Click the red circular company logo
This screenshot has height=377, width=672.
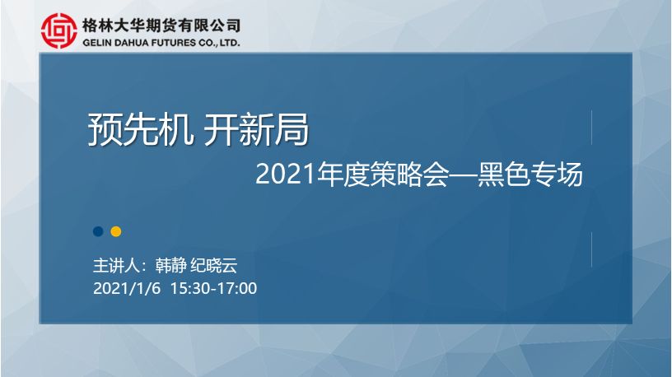pos(59,30)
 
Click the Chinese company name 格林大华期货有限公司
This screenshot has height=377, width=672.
pos(161,26)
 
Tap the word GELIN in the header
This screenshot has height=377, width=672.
pos(97,43)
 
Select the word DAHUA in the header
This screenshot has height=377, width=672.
pos(129,43)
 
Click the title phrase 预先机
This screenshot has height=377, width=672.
pos(141,130)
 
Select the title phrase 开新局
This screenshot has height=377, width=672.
pos(256,130)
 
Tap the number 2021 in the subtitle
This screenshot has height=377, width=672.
pos(286,175)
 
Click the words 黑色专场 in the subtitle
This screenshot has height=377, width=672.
pos(530,175)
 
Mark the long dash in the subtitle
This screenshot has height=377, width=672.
pos(463,175)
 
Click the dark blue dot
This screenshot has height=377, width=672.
pos(98,231)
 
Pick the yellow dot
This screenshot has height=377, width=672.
pos(116,231)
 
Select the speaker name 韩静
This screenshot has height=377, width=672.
pos(170,266)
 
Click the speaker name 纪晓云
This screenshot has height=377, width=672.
pos(214,266)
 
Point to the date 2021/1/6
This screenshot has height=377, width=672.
pos(127,288)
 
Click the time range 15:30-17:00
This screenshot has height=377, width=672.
pos(213,288)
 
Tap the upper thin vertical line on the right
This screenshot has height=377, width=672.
pos(591,128)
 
